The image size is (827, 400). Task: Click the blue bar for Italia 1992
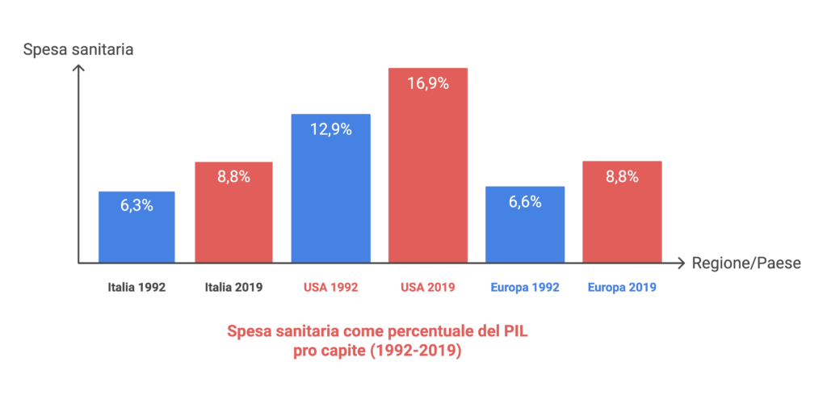(136, 234)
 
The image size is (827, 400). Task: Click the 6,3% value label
(136, 205)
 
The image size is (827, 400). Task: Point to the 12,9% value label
(330, 128)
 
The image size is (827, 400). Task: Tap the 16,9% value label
(427, 82)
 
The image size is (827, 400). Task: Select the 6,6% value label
(524, 201)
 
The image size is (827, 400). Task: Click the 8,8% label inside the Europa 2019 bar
(621, 176)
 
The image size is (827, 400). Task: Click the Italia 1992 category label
(136, 288)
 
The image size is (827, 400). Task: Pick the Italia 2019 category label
(233, 288)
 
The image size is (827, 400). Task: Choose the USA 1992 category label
(330, 288)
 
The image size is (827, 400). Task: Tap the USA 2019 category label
(427, 288)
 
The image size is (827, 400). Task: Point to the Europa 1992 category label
(524, 288)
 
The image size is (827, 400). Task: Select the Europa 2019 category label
(621, 288)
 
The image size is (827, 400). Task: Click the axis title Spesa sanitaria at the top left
(78, 49)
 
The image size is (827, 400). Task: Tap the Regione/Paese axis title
(746, 263)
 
